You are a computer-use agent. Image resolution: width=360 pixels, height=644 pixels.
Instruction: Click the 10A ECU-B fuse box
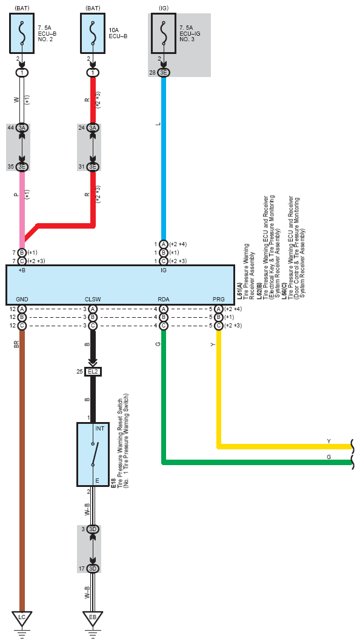pos(93,33)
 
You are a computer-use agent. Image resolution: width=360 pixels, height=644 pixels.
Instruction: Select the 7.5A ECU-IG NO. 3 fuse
pos(164,33)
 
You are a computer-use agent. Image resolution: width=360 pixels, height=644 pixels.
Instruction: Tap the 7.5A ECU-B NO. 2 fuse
pos(22,33)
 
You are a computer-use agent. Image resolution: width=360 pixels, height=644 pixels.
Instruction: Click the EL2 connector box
pos(93,372)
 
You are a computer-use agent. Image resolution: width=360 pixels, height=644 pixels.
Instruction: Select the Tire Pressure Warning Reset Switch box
pos(93,454)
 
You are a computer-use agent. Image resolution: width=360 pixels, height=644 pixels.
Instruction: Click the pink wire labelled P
pos(22,206)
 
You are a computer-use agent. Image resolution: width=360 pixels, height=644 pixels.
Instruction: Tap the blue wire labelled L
pos(164,158)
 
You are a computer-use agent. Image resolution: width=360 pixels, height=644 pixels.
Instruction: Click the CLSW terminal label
pos(93,300)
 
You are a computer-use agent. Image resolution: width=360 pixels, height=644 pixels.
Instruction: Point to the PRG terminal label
pos(219,300)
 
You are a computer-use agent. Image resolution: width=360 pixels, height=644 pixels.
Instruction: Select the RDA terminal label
pos(164,300)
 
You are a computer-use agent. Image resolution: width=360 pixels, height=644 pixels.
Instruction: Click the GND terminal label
pos(22,300)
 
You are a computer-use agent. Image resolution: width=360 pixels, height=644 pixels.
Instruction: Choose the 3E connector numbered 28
pos(164,73)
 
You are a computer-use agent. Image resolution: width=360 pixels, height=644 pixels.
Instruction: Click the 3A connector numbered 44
pos(22,128)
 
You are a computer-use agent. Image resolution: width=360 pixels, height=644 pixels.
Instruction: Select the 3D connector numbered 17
pos(93,568)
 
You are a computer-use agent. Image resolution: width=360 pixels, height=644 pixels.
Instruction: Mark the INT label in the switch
pos(100,428)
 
